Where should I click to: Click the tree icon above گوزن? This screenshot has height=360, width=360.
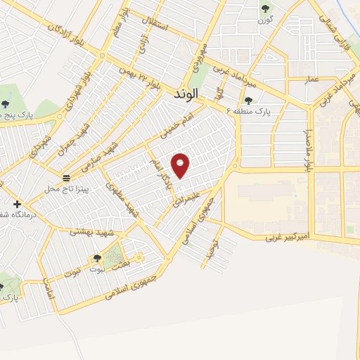[265, 8]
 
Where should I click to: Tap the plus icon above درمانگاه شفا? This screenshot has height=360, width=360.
[18, 204]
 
